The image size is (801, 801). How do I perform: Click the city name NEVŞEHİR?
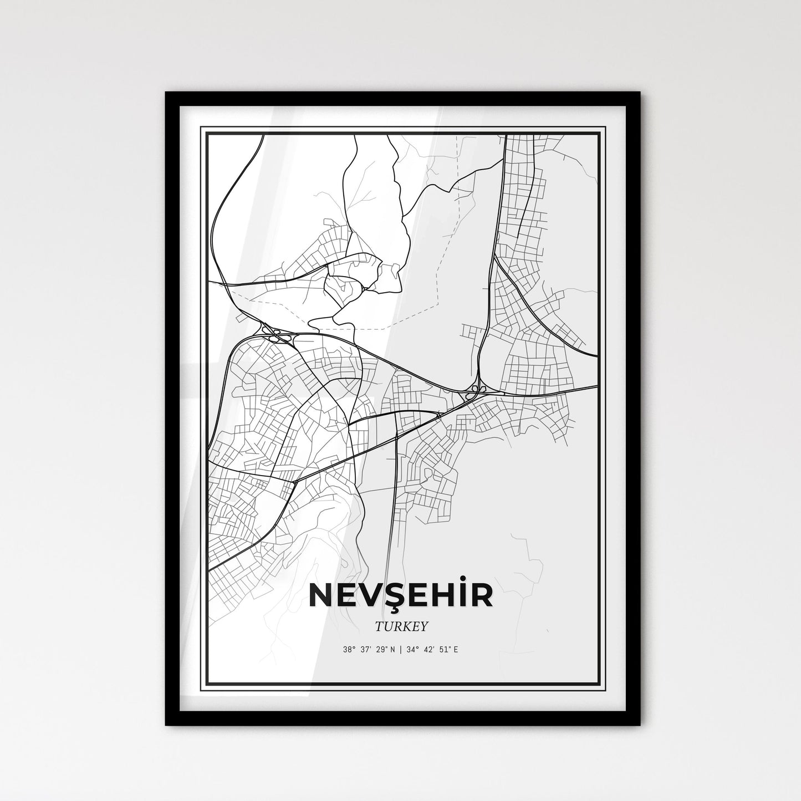pyautogui.click(x=400, y=594)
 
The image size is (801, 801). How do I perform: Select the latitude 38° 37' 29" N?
pyautogui.click(x=369, y=650)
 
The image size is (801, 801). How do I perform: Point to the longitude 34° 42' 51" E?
pyautogui.click(x=432, y=650)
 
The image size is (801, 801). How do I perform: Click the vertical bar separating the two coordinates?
pyautogui.click(x=400, y=650)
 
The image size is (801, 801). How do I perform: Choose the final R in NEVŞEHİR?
pyautogui.click(x=480, y=594)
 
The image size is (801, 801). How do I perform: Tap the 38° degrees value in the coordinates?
pyautogui.click(x=348, y=650)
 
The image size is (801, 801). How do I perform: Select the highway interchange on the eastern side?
pyautogui.click(x=475, y=390)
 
